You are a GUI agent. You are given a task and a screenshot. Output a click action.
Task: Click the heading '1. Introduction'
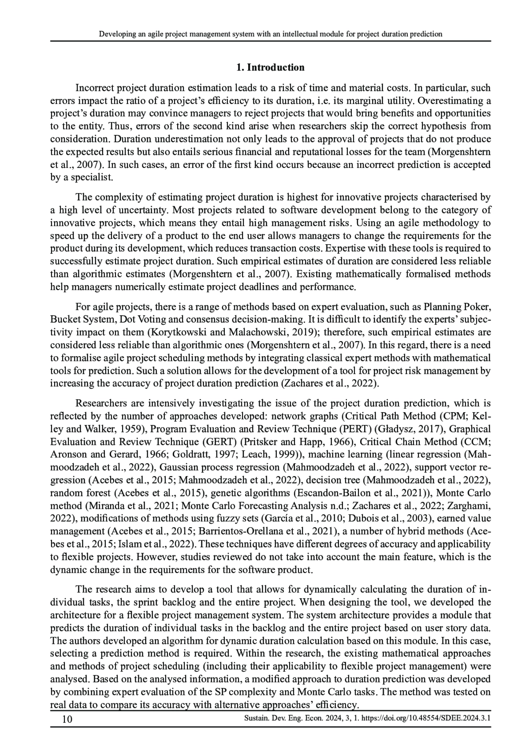pyautogui.click(x=270, y=67)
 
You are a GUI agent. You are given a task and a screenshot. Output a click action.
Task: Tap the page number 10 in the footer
pyautogui.click(x=67, y=719)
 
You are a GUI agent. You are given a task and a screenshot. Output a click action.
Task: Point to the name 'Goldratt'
pyautogui.click(x=181, y=454)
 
